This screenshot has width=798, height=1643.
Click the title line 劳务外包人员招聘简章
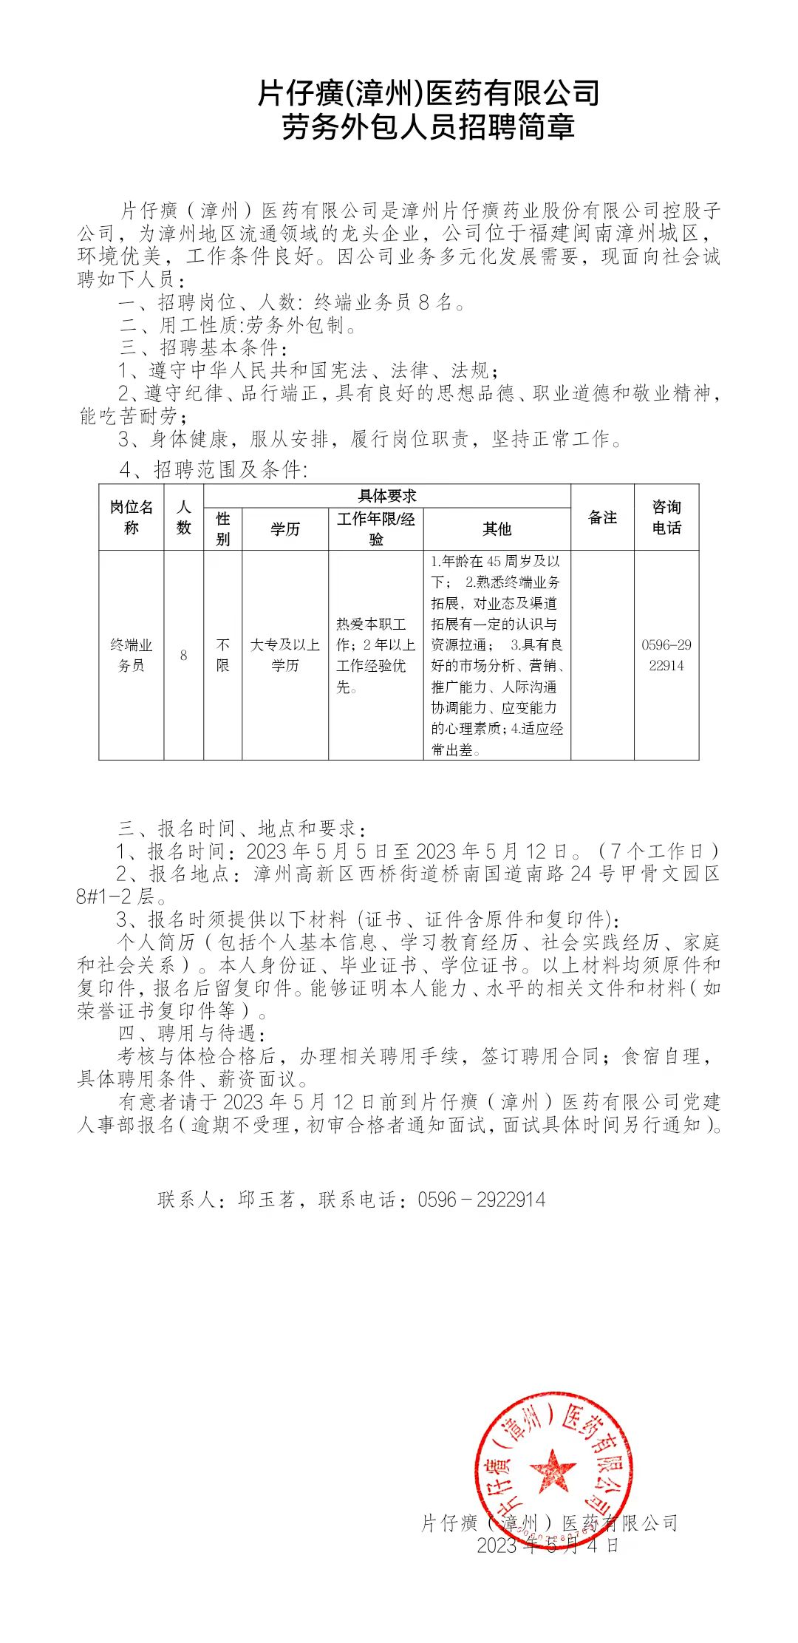pos(428,127)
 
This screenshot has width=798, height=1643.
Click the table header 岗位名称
pos(131,517)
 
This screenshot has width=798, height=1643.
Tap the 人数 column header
pos(183,517)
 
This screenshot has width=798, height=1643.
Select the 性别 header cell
pos(222,528)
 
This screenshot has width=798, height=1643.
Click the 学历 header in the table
pos(284,528)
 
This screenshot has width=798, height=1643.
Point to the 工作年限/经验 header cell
pos(375,528)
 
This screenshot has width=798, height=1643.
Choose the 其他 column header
pos(497,528)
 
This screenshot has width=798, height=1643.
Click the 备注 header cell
pos(602,517)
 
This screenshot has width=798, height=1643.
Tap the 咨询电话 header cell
pos(666,517)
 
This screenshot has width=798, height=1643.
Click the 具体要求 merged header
pos(386,496)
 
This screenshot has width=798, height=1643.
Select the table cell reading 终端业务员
pos(131,655)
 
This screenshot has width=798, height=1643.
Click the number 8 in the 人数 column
pos(183,656)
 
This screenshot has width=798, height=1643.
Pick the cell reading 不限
pos(222,655)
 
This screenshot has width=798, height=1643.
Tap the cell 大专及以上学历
pos(284,655)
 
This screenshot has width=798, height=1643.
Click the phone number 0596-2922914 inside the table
pos(666,655)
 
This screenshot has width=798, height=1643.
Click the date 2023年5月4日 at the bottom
pos(547,1545)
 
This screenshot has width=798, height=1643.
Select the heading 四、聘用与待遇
pos(191,1033)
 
